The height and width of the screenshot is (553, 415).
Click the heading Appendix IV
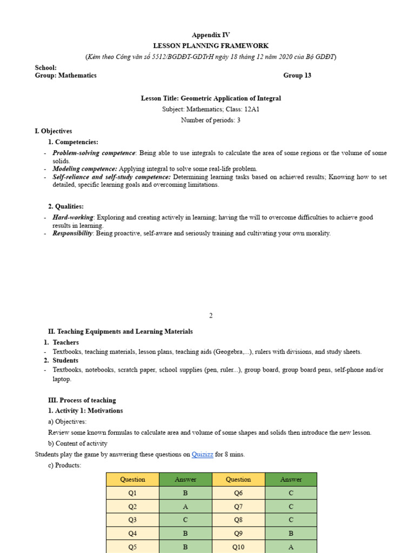(x=211, y=35)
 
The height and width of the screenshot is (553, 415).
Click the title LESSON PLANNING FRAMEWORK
(x=211, y=46)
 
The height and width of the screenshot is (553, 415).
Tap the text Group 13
(x=297, y=76)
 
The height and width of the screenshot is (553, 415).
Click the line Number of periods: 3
(x=211, y=120)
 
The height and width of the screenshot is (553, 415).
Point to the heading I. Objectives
(x=53, y=131)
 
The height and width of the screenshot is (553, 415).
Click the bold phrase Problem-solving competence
(x=93, y=153)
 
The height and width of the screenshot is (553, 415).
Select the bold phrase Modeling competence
(x=84, y=169)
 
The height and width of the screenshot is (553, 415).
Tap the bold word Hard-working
(x=72, y=218)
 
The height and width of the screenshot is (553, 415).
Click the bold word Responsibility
(x=73, y=234)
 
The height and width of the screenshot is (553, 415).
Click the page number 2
(x=211, y=316)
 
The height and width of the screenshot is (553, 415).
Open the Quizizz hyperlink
(x=202, y=455)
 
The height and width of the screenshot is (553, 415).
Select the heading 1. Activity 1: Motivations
(x=85, y=411)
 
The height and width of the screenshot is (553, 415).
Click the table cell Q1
(x=132, y=493)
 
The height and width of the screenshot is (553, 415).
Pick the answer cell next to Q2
(x=185, y=507)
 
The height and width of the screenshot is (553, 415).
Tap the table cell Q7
(x=238, y=507)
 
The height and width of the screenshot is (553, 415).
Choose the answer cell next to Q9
(x=291, y=534)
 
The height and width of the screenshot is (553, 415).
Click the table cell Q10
(x=238, y=547)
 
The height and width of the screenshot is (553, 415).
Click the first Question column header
(x=132, y=480)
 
